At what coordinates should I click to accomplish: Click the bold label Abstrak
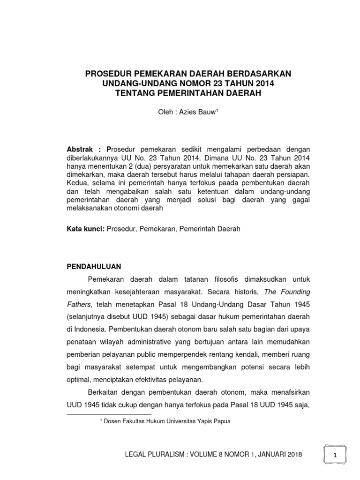(x=82, y=149)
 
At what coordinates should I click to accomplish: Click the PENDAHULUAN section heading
(x=94, y=266)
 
